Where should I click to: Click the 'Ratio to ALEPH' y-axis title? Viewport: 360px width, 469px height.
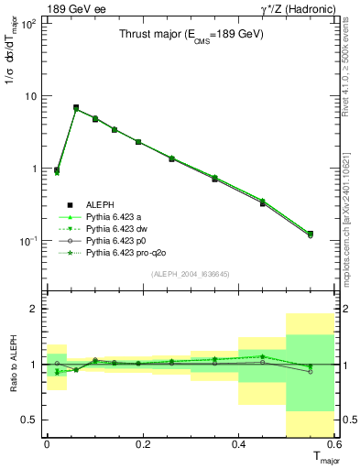13,365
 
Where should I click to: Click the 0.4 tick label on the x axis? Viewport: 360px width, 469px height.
238,443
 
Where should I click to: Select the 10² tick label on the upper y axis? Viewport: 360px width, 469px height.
29,24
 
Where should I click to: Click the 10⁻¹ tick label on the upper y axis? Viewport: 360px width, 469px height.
29,240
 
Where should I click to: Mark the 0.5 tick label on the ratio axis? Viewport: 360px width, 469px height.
30,420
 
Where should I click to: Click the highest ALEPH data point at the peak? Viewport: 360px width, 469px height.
76,107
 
